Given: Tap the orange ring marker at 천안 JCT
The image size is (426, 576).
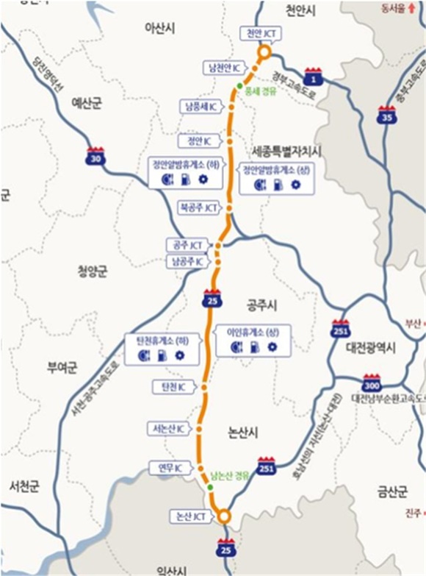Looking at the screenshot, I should (x=263, y=54).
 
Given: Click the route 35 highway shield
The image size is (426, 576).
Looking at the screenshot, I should (x=386, y=115).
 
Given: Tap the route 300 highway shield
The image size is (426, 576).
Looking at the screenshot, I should (x=372, y=383).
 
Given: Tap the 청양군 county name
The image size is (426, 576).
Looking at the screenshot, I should (x=93, y=271).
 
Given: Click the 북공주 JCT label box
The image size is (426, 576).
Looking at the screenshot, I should (x=199, y=208).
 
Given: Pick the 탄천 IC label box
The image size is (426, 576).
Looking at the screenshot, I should (x=168, y=386).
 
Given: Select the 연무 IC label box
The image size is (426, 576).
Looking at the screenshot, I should (x=170, y=467).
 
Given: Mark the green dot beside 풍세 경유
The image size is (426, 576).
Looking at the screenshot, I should (x=239, y=87).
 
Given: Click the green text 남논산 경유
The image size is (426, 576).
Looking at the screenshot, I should (x=230, y=475).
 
